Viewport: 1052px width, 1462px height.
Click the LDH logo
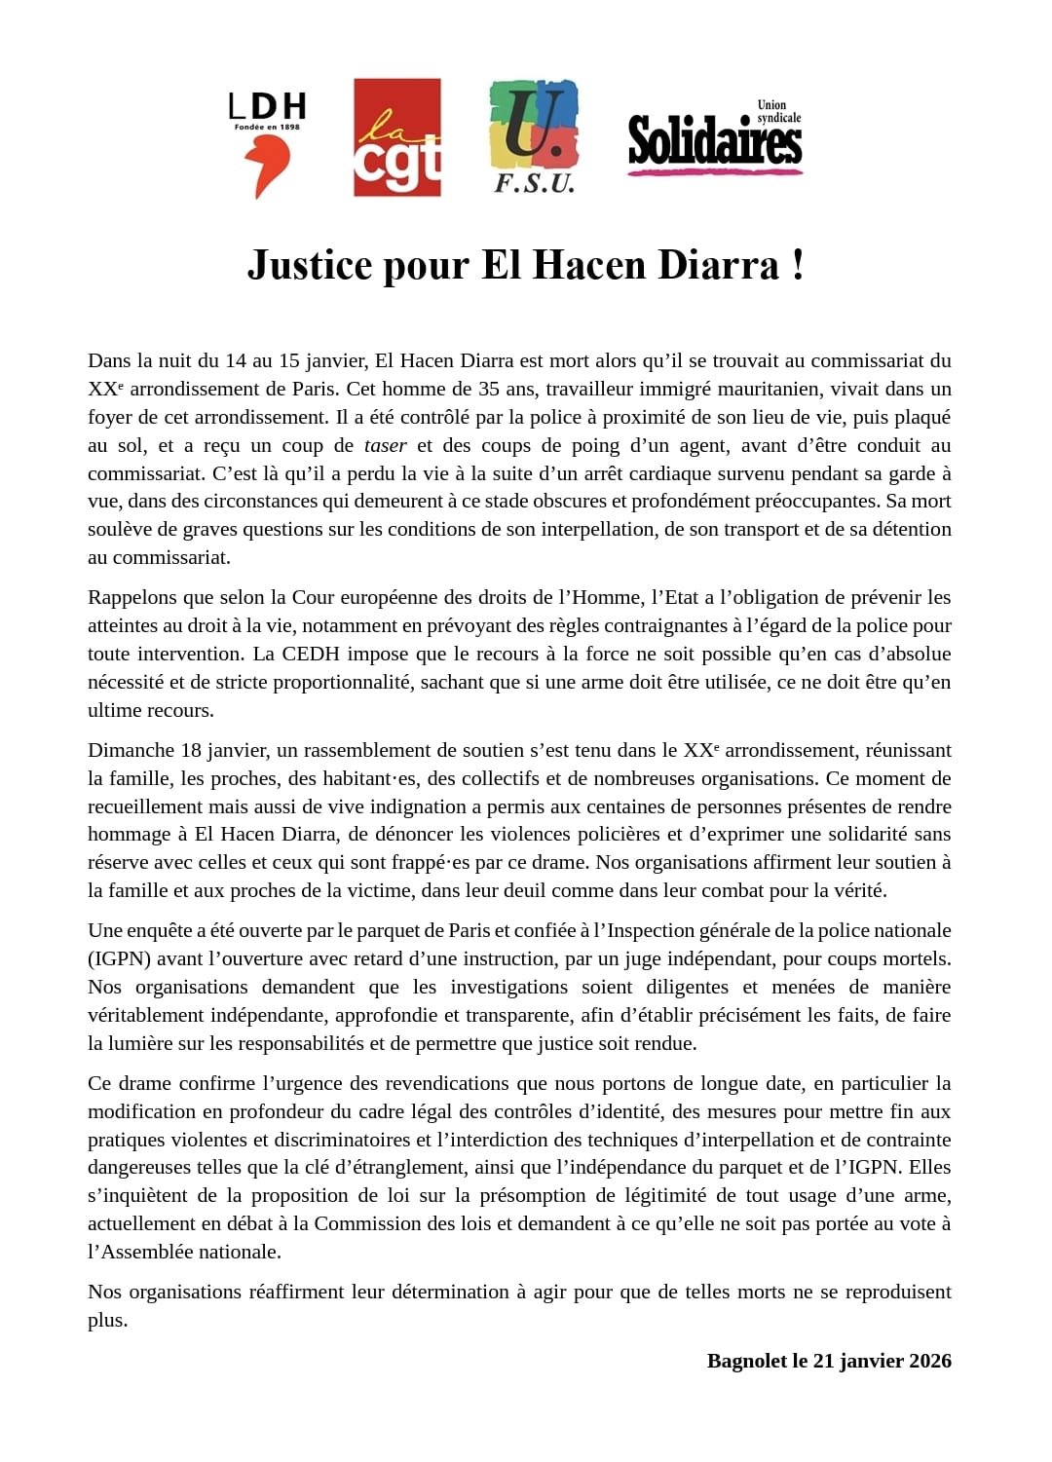pos(267,144)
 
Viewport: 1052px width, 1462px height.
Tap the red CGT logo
pos(396,137)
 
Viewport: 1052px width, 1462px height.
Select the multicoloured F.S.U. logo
pos(533,136)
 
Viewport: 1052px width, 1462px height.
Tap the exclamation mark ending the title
pos(798,265)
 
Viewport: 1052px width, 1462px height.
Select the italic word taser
pos(385,445)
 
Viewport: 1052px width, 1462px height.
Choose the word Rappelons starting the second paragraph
pos(131,597)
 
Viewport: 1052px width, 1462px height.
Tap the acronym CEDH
pos(310,654)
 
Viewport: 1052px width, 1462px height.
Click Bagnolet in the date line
pos(746,1361)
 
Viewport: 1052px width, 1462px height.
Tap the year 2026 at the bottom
pos(928,1361)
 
